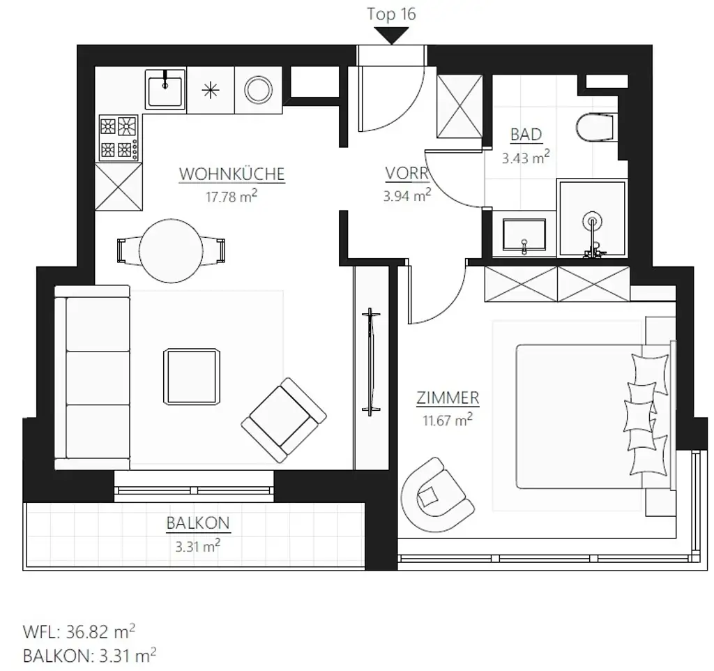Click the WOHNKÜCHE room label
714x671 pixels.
click(x=231, y=174)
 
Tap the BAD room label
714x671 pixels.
click(x=526, y=134)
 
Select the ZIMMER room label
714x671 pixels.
click(x=447, y=398)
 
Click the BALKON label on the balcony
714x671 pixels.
click(x=198, y=522)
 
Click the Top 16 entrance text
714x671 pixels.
click(x=391, y=14)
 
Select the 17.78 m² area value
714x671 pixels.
click(x=231, y=197)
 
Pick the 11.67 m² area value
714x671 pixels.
click(x=447, y=420)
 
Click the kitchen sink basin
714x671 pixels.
click(x=165, y=89)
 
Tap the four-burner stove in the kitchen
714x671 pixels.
click(x=118, y=138)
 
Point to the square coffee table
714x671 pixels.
click(x=193, y=376)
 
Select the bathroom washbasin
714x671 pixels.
click(x=524, y=234)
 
